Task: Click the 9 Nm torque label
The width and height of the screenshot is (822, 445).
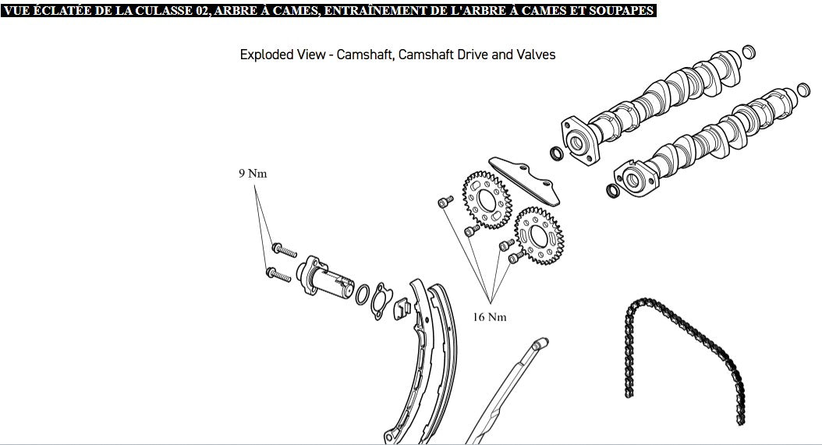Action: point(253,174)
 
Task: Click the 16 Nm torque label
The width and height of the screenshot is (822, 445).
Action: point(490,317)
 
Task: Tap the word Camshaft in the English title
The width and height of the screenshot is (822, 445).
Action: point(365,55)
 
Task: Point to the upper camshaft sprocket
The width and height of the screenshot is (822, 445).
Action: point(487,200)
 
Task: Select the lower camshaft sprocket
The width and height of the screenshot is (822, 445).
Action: point(538,236)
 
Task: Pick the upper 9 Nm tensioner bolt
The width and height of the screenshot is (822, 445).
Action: point(284,250)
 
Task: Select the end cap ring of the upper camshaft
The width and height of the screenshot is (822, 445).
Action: point(749,52)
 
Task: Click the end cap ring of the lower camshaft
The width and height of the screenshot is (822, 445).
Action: point(803,90)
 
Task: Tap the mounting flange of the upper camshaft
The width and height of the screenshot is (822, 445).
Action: point(579,141)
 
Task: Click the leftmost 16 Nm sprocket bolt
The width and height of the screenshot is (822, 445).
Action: point(445,202)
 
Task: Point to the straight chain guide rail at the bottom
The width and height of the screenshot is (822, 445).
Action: point(506,390)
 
